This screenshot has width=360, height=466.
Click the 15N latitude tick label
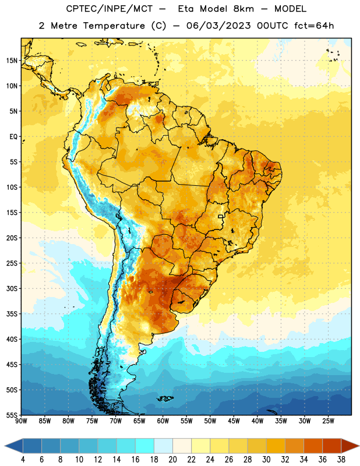[12, 61]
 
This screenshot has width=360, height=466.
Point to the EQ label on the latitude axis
[13, 137]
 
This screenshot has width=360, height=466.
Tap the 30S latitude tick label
[12, 288]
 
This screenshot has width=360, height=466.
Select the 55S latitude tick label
[12, 415]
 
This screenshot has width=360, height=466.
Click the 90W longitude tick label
[21, 421]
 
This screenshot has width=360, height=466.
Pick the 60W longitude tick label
[163, 421]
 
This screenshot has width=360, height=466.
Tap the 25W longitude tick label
[328, 421]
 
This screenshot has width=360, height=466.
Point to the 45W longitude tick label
[234, 421]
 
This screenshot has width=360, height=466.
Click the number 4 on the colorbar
[23, 460]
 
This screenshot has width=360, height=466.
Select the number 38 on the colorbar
[341, 460]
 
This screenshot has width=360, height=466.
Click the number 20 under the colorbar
[172, 460]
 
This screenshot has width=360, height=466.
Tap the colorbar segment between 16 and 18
[145, 446]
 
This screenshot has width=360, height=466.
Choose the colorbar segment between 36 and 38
[332, 446]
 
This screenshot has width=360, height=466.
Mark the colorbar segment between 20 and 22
[182, 446]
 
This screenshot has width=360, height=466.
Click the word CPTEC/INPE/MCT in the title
[110, 9]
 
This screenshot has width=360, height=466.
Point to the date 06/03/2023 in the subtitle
[218, 26]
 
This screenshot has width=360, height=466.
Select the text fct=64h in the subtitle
[314, 26]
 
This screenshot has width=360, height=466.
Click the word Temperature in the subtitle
[114, 26]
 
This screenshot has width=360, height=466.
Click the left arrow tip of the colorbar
[5, 446]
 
